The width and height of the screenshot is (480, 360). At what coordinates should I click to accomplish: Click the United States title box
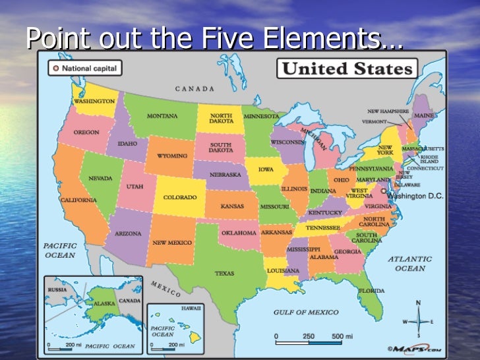point(347,68)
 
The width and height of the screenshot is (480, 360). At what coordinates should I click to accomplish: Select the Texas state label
point(224,272)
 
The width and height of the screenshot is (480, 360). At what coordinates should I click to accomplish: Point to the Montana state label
point(162,116)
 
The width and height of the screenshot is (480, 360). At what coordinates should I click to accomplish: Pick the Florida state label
point(372,290)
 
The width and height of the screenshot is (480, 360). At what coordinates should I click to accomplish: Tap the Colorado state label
point(179,197)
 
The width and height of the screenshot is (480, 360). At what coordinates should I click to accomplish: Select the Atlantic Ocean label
point(410,264)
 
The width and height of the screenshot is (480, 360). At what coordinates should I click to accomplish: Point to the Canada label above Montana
point(195,88)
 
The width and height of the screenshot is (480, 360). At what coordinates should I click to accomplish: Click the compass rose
point(418,322)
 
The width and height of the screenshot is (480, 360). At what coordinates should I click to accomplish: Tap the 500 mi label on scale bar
point(342,336)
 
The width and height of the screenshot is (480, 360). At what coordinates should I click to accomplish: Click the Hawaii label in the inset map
point(193,308)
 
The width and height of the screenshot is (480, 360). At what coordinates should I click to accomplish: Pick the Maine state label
point(424,117)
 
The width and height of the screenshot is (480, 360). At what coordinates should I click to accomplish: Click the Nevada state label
point(100,178)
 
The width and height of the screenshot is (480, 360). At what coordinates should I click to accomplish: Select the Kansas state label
point(232,206)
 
